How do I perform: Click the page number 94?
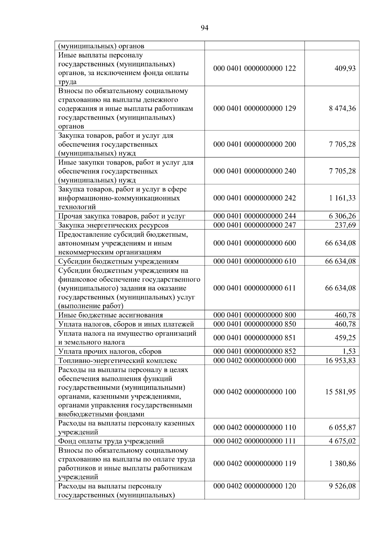(x=205, y=28)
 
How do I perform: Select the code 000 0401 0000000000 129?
(x=254, y=109)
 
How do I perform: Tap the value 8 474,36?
(x=342, y=109)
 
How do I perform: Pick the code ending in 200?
(x=254, y=144)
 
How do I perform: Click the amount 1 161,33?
(x=342, y=198)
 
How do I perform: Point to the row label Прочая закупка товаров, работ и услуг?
(x=122, y=216)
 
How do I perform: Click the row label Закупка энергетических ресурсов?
(x=113, y=225)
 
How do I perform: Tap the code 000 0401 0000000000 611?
(x=254, y=288)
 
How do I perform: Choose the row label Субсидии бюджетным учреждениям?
(x=118, y=262)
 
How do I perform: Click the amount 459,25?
(x=345, y=338)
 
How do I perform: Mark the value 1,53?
(x=349, y=351)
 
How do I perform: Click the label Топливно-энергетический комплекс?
(x=118, y=361)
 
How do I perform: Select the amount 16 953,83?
(x=340, y=361)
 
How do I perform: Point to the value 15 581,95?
(x=340, y=392)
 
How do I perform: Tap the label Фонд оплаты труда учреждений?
(x=111, y=441)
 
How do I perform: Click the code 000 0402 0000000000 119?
(x=254, y=463)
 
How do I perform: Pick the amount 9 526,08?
(x=342, y=486)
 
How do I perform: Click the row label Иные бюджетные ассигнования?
(x=110, y=315)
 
